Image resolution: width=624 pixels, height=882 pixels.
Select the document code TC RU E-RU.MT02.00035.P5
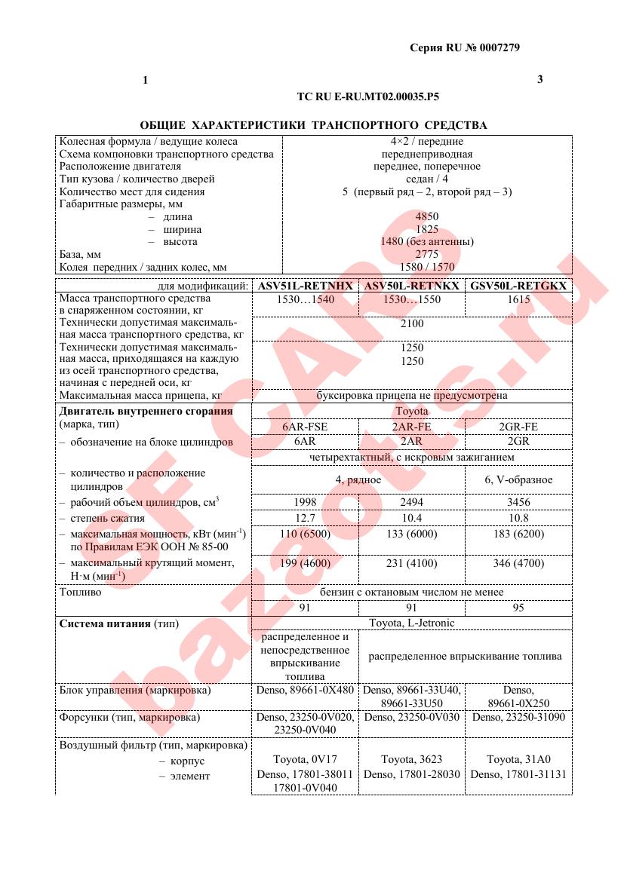370,97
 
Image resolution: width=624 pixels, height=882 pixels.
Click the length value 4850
427,216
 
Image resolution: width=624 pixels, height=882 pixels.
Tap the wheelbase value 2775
427,255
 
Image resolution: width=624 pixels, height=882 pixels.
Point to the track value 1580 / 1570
427,267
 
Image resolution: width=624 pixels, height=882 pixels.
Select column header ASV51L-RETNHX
305,286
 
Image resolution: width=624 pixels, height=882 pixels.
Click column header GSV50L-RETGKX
518,286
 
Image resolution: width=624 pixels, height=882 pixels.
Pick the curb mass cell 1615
518,299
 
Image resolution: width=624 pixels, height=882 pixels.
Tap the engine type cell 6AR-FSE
305,426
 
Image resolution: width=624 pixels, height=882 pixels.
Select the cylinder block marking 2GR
518,441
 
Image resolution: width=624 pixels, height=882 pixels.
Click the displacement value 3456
518,502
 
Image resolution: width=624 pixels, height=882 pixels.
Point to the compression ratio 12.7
305,518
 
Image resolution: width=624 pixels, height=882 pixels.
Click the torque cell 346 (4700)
518,563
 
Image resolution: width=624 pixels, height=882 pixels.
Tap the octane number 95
518,608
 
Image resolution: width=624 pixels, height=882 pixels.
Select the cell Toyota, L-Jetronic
412,623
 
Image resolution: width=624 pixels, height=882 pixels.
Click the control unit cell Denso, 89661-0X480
305,690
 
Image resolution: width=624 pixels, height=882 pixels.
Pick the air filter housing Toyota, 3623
412,761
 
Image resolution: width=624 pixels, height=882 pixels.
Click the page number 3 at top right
539,79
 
